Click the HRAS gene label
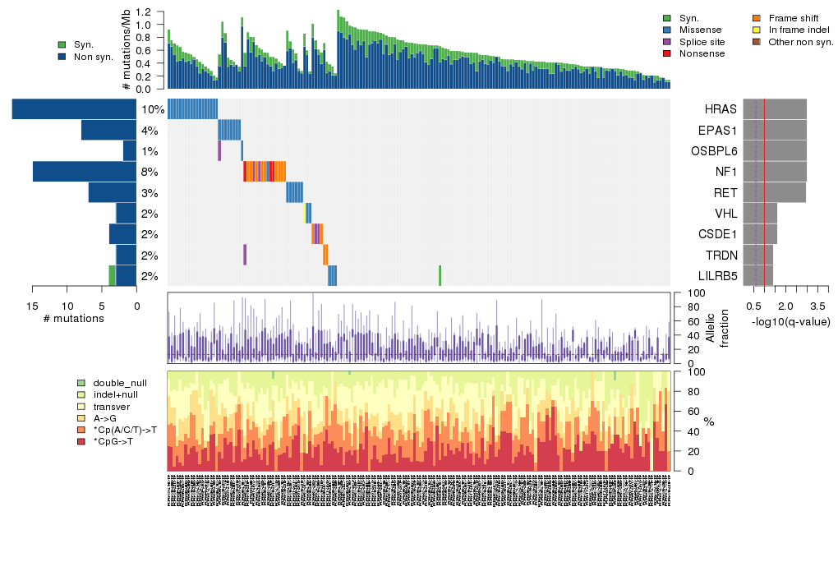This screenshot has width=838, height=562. coord(720,109)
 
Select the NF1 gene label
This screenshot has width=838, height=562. coord(724,172)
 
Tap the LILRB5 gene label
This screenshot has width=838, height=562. coord(716,276)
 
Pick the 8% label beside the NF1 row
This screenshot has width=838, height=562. coord(150,172)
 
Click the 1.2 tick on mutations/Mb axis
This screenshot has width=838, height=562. coord(145,12)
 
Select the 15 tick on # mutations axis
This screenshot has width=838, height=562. coord(33,306)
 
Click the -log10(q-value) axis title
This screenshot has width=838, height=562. coord(790,321)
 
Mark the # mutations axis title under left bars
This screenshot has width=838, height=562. coord(73,319)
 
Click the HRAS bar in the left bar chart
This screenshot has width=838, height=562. coord(74,109)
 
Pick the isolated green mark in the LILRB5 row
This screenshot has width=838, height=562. coord(440,276)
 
